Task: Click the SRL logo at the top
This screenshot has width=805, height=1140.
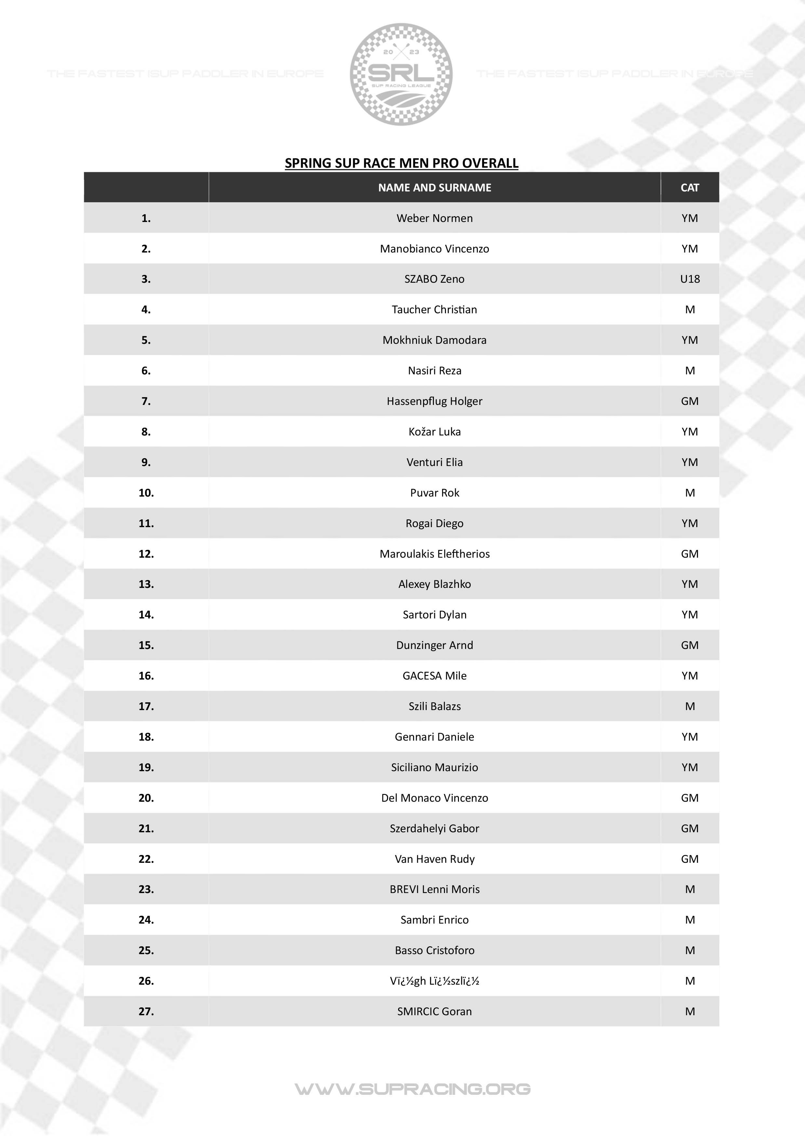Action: pos(401,74)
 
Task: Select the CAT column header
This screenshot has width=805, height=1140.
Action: pos(690,188)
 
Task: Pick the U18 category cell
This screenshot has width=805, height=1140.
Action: pos(690,279)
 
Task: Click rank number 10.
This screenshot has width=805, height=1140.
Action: pos(146,493)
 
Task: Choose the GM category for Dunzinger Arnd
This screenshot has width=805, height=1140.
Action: pos(690,645)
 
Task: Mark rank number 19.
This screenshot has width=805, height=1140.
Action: pos(146,767)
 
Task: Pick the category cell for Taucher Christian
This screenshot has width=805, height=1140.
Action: pos(690,309)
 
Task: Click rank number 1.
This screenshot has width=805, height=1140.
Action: pos(146,218)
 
